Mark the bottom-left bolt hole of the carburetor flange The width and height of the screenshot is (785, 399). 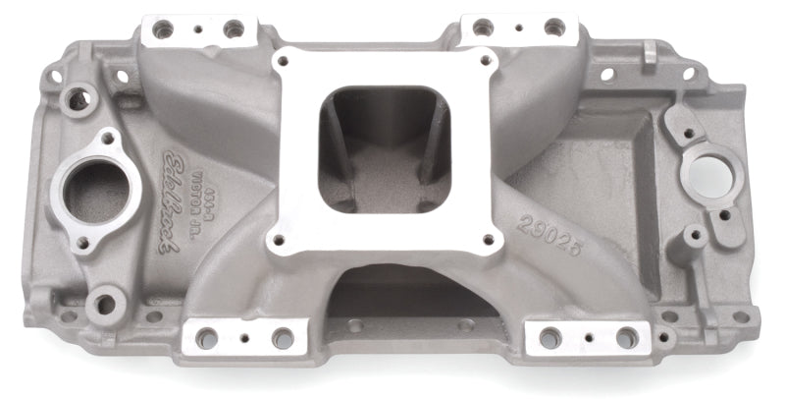coord(281,238)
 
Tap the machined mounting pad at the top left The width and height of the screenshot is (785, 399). coord(193,30)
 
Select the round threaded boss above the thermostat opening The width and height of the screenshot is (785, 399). coord(76,98)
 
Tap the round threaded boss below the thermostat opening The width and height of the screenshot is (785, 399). coord(104,304)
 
